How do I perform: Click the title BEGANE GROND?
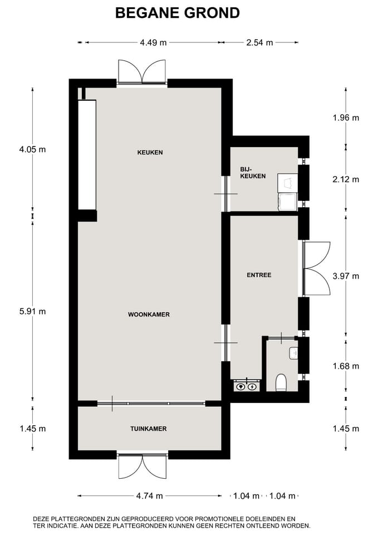[178, 13]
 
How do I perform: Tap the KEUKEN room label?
[150, 152]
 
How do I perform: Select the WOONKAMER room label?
[149, 314]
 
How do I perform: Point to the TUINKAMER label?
[149, 429]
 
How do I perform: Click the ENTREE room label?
[259, 275]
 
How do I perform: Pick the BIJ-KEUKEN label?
[253, 172]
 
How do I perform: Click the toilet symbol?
[281, 382]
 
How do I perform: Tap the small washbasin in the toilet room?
[294, 353]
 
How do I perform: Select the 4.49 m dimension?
[153, 42]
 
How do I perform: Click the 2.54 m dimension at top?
[260, 42]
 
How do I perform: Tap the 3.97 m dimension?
[346, 276]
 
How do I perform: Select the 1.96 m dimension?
[346, 118]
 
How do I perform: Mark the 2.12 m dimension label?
[346, 179]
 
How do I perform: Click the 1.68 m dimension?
[346, 366]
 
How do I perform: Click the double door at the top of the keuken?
[143, 72]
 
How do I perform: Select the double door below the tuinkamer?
[143, 465]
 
